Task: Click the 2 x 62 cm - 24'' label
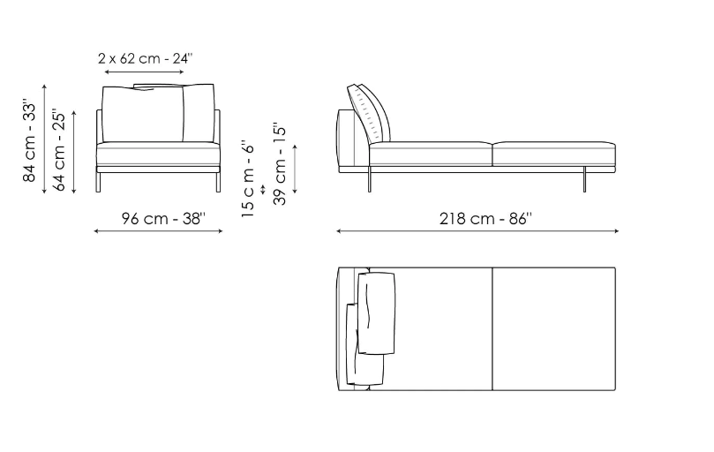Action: coord(146,58)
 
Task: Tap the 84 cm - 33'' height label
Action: coord(29,143)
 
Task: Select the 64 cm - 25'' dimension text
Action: coord(59,149)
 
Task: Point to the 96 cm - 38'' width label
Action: coord(163,218)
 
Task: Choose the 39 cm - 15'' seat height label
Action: coord(279,163)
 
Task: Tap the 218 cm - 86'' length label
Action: coord(485,219)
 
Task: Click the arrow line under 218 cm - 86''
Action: coord(477,231)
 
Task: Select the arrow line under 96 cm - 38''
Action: coord(158,231)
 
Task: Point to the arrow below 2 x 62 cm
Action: coord(144,72)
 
